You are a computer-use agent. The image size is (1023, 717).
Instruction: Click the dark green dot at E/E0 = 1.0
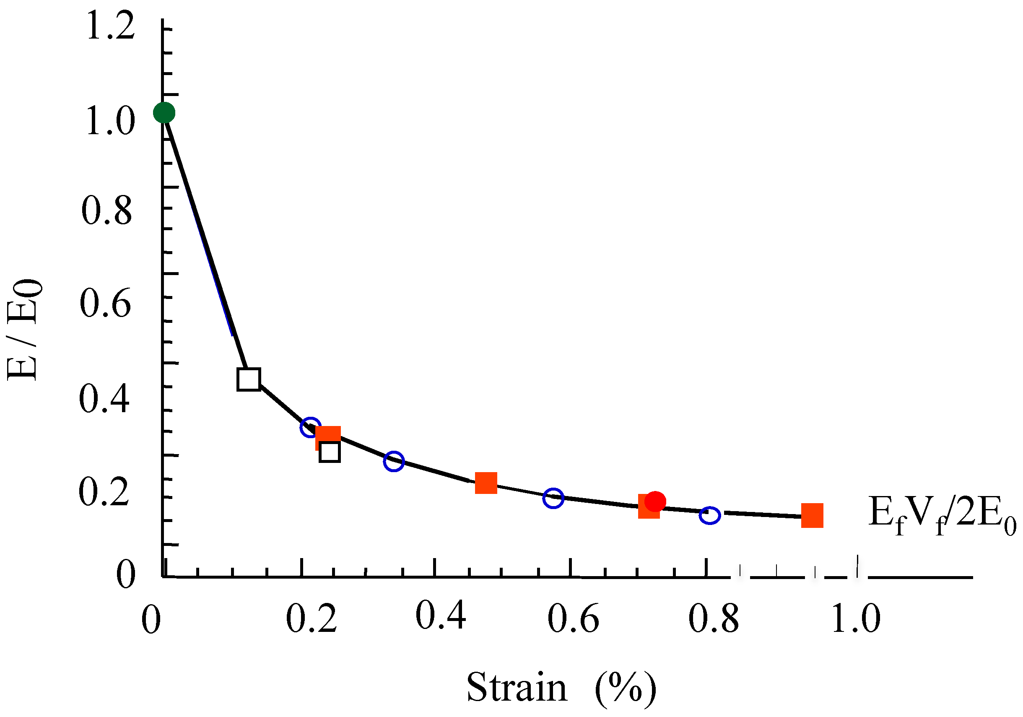(x=164, y=112)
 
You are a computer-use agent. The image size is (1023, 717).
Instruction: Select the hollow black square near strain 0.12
(x=249, y=379)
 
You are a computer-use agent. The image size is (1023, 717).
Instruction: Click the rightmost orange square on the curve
(x=812, y=516)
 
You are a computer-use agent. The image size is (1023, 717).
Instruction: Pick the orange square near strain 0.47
(x=486, y=483)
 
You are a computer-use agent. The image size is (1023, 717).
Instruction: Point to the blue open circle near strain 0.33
(x=393, y=461)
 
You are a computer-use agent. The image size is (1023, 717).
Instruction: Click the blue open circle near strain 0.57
(x=553, y=498)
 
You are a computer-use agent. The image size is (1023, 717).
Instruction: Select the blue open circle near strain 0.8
(x=709, y=516)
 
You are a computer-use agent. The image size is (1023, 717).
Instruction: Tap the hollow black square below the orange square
(x=330, y=453)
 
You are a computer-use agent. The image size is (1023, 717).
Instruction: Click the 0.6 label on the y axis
(x=106, y=303)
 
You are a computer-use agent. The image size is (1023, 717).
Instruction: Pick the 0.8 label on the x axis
(x=713, y=619)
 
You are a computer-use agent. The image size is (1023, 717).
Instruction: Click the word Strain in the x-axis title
(x=517, y=687)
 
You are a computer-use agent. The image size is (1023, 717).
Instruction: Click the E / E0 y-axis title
(x=24, y=330)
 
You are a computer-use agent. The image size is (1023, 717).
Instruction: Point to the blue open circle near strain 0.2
(x=311, y=427)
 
